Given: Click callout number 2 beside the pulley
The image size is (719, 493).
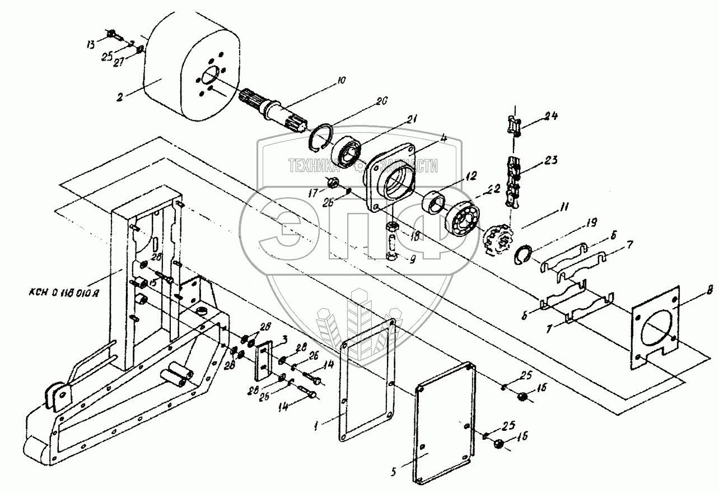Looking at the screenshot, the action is [x=119, y=96].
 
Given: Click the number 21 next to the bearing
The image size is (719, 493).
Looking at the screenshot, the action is [x=413, y=119].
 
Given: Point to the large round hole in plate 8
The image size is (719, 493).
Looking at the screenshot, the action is [x=656, y=327].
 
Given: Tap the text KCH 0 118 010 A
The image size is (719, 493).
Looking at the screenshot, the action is [x=64, y=292].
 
